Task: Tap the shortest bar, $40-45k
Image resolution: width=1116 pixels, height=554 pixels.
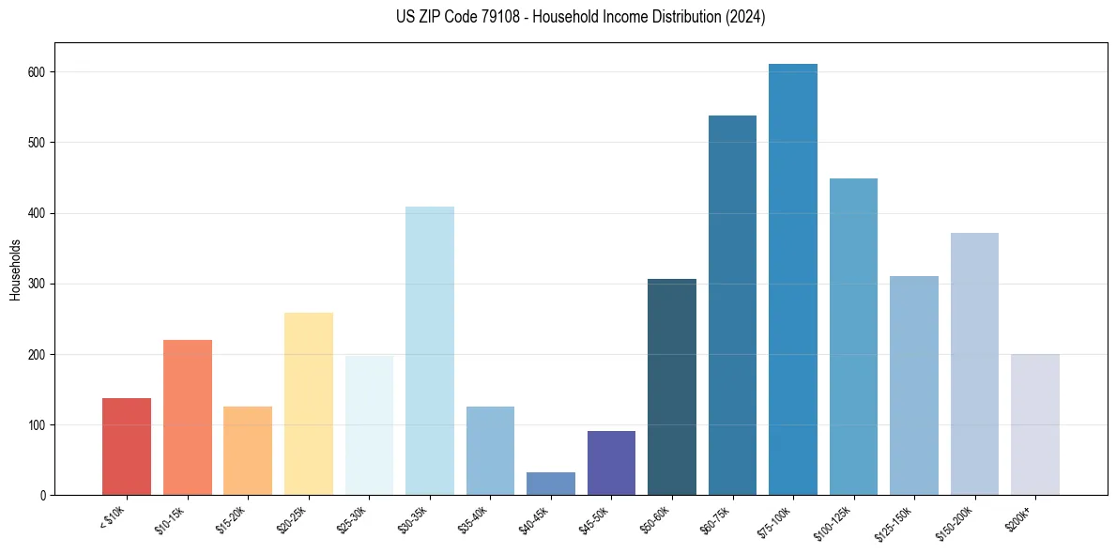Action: [x=550, y=484]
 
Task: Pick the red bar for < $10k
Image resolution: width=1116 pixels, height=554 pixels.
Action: [x=127, y=447]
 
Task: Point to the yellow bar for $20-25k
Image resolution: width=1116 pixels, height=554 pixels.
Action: [x=308, y=404]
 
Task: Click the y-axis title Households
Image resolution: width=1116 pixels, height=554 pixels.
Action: [x=15, y=269]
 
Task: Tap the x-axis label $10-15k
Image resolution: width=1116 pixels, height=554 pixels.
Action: [x=170, y=518]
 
